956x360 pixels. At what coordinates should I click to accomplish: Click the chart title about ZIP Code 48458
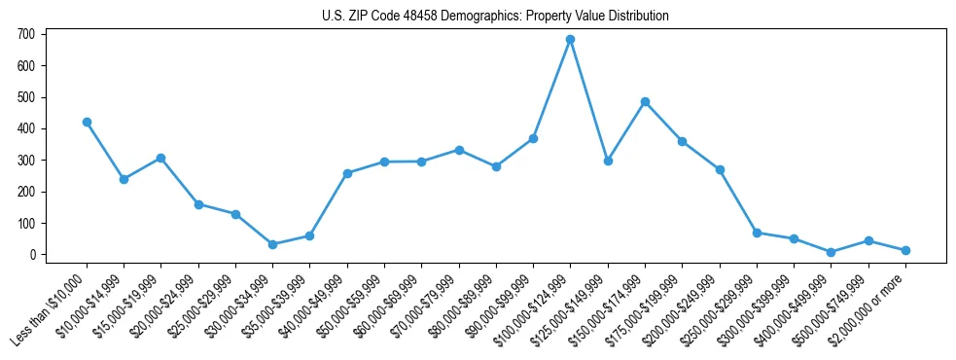coord(495,17)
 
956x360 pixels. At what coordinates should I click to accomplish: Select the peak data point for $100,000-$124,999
coord(571,40)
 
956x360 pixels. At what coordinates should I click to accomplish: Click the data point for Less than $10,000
coord(87,123)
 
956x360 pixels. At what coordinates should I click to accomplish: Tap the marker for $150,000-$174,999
coord(645,101)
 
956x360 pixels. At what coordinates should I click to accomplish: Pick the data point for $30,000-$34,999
coord(272,244)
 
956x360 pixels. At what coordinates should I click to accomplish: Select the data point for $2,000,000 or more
coord(905,250)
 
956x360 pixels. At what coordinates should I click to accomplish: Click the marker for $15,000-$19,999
coord(161,158)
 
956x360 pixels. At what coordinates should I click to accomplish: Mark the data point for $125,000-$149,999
coord(608,161)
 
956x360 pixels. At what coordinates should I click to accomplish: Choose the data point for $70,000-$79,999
coord(459,150)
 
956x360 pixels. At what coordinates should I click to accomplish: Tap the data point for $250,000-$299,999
coord(757,233)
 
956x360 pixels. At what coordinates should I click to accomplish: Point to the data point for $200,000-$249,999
coord(720,169)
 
